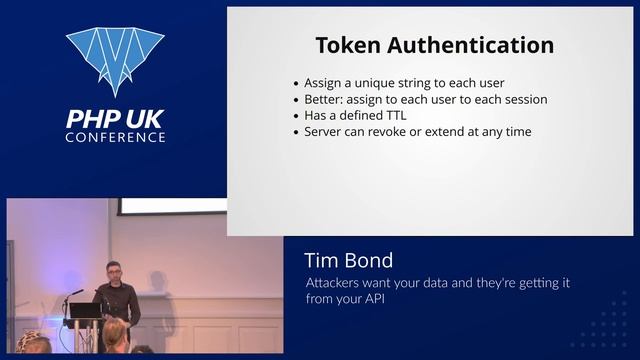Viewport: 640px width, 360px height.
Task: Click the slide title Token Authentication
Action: click(x=434, y=45)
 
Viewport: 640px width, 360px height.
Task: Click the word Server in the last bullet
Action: click(x=326, y=131)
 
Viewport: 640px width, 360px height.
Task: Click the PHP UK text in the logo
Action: click(x=115, y=119)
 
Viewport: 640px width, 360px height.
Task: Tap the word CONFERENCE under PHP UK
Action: click(x=115, y=137)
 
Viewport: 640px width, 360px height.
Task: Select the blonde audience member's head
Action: click(x=115, y=333)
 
